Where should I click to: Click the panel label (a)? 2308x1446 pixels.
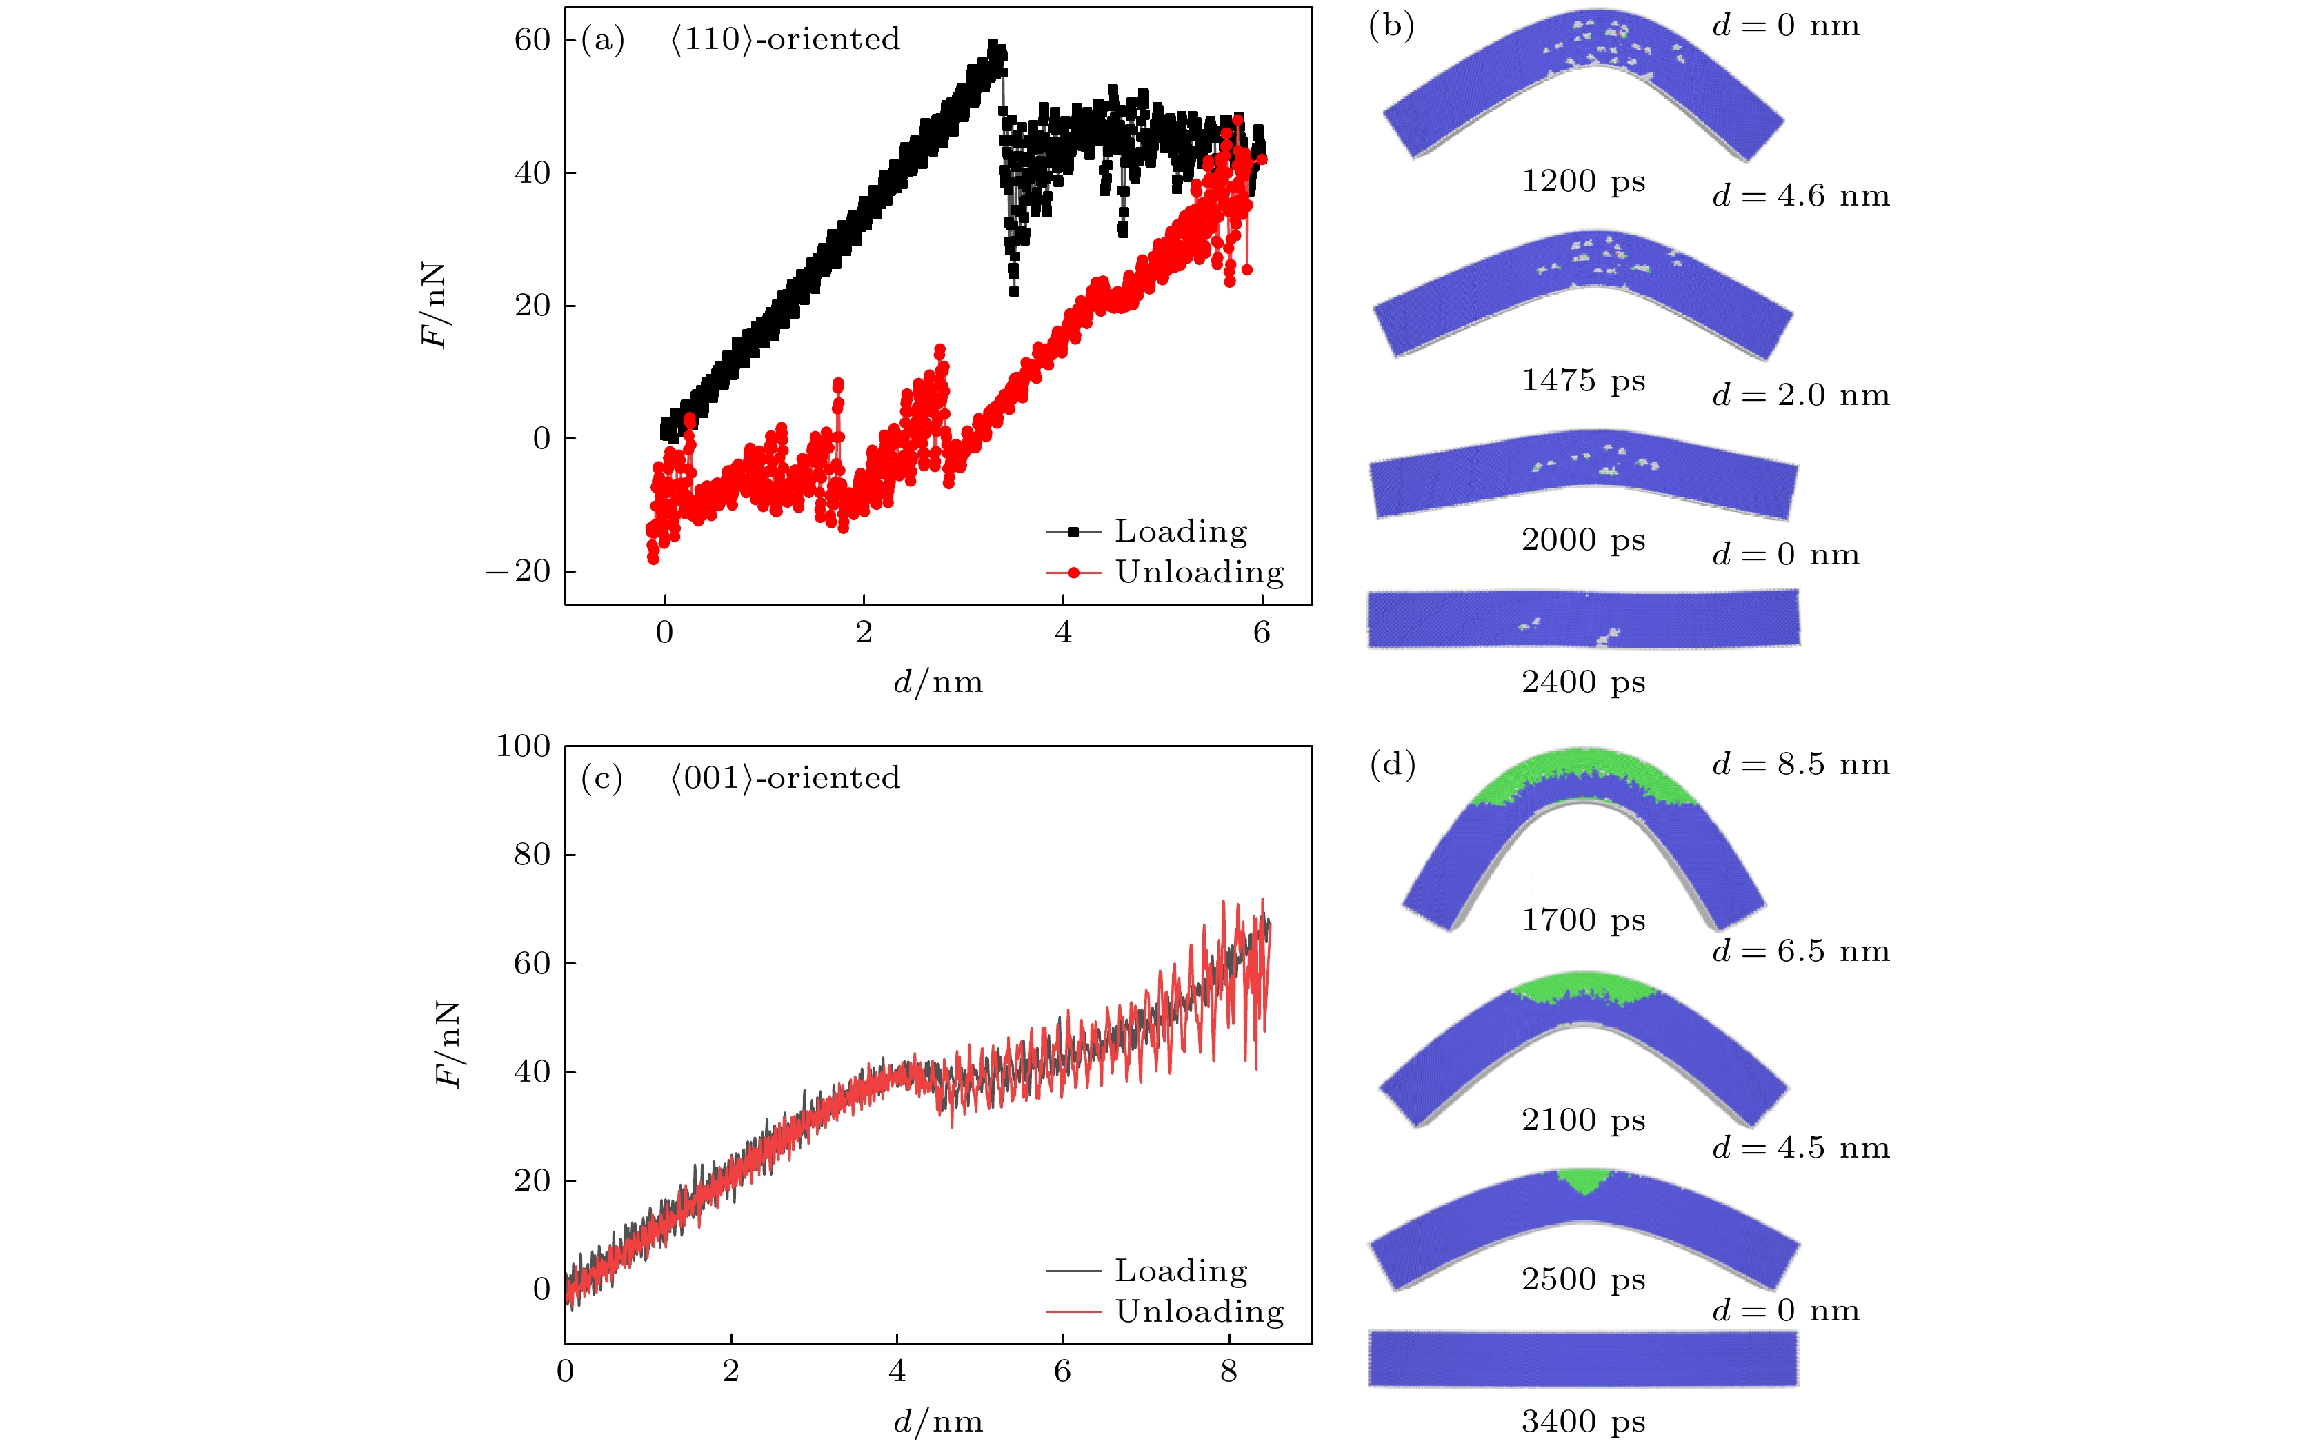(602, 39)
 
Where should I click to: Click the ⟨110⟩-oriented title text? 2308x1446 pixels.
(784, 39)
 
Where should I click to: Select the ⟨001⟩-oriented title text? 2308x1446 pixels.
(784, 778)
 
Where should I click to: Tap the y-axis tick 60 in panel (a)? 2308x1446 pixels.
(533, 39)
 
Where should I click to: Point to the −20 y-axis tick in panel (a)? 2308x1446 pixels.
(519, 571)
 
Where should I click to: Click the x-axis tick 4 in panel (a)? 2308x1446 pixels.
(1063, 632)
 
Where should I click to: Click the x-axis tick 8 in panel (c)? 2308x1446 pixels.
(1228, 1371)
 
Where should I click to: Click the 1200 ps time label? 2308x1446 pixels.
(1583, 181)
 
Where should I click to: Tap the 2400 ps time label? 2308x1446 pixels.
(1583, 682)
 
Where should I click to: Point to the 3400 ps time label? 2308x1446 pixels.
(1583, 1421)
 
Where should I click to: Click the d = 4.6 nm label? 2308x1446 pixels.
(1800, 196)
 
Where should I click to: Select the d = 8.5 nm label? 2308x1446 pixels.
(1800, 764)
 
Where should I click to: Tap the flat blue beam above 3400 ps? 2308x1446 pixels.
(1583, 1358)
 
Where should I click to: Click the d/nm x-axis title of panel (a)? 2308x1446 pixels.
(938, 682)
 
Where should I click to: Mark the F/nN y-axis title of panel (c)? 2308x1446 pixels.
(448, 1044)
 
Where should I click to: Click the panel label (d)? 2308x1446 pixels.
(1392, 764)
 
